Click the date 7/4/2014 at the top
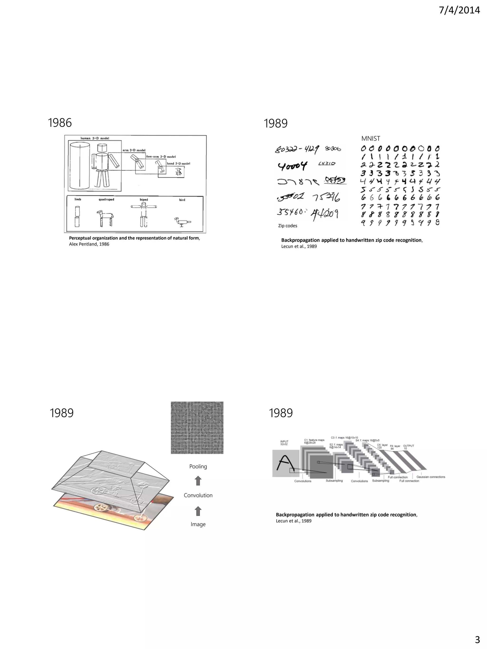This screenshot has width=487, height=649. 459,10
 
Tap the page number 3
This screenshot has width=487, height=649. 477,639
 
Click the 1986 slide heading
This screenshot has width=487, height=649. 60,123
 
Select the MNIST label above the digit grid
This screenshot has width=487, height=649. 370,139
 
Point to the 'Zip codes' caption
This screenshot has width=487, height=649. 287,226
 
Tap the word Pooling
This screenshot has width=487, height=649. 198,466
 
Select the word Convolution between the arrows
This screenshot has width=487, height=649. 198,495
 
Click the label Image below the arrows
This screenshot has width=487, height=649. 198,524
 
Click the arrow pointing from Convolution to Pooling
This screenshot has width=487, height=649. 198,481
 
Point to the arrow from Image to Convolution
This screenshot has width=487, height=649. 198,511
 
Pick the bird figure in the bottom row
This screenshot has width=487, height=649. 182,221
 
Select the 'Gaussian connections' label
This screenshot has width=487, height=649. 431,477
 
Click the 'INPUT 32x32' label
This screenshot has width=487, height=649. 284,443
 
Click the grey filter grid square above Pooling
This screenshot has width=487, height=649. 197,428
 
